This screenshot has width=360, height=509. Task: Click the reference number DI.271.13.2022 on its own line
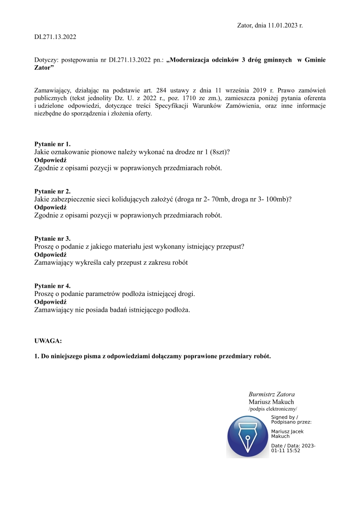55,37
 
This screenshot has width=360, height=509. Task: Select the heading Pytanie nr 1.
53,144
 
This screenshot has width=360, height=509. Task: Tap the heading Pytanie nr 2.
53,191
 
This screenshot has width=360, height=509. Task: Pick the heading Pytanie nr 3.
53,238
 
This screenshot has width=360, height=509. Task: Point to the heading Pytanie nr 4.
53,286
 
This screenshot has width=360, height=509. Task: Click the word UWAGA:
48,340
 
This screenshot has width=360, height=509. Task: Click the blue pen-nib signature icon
248,436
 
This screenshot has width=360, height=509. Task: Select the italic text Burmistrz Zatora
272,394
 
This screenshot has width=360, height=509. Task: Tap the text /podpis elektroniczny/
272,409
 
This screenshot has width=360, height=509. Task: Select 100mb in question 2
277,199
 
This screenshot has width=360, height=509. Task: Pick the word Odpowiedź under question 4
50,302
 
